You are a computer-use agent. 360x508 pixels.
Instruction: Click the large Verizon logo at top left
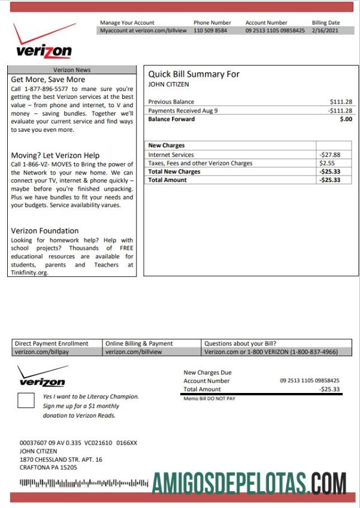(x=44, y=43)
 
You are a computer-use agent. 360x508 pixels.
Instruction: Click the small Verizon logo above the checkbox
(x=42, y=377)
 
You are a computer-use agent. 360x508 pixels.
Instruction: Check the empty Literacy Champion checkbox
(x=26, y=400)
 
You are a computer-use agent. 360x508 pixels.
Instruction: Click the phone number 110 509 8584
(x=210, y=31)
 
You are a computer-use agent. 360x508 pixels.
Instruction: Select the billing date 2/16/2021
(x=326, y=31)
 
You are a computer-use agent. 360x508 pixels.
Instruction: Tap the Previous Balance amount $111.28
(x=341, y=102)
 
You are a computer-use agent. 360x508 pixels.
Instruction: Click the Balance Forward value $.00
(x=346, y=119)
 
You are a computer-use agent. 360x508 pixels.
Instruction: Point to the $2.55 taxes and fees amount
(x=327, y=163)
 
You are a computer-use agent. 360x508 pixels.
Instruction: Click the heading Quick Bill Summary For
(x=193, y=74)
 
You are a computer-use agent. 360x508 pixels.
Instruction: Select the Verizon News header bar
(x=72, y=70)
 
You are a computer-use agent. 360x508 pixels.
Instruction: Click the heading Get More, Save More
(x=48, y=80)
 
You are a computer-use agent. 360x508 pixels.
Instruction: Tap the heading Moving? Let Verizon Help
(x=55, y=155)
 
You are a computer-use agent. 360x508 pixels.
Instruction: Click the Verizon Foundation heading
(x=45, y=231)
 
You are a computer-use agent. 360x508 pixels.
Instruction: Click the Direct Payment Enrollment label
(x=52, y=344)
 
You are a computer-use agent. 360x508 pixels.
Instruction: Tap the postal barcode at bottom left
(x=84, y=482)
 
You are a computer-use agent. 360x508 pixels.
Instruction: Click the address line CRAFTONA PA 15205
(x=49, y=468)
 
